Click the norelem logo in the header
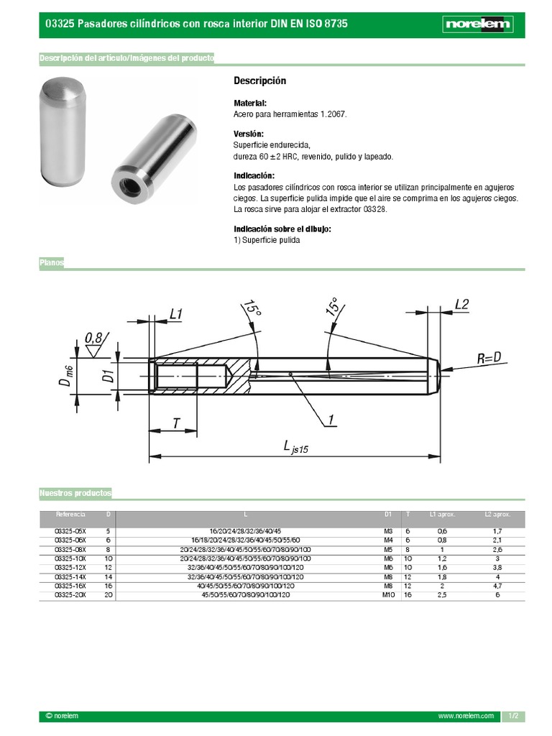coord(478,24)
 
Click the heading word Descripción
coord(260,80)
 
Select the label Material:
coord(250,103)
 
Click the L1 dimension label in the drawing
coord(176,313)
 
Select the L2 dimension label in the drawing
coord(461,304)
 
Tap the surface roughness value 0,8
coord(93,337)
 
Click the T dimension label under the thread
coord(176,423)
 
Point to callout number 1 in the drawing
coord(331,419)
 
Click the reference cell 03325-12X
coord(71,566)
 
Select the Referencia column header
coord(71,515)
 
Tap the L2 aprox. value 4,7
coord(497,586)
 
